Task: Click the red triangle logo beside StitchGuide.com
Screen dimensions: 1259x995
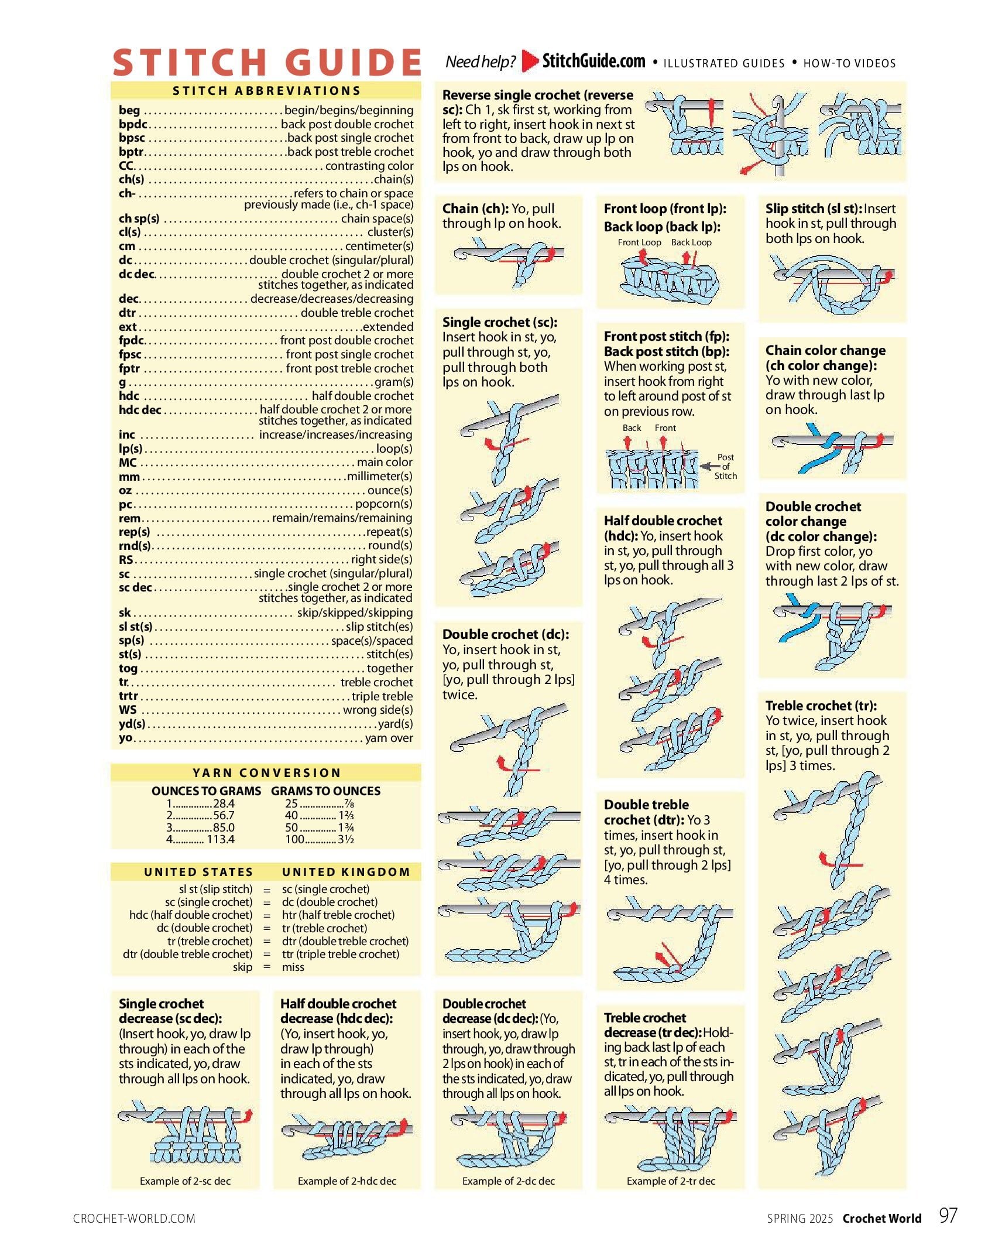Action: click(529, 61)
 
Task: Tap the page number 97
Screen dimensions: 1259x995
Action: click(948, 1216)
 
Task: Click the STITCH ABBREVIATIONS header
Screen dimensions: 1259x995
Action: click(266, 91)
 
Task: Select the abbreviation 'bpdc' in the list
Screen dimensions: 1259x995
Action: click(133, 124)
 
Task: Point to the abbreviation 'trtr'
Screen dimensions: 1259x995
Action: click(129, 696)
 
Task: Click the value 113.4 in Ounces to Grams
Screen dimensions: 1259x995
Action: click(220, 839)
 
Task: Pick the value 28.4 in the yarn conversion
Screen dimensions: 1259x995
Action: click(224, 803)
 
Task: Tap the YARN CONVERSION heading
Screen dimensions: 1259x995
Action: click(266, 772)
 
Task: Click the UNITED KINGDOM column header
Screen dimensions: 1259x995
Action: click(346, 872)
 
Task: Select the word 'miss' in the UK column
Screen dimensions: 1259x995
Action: click(293, 967)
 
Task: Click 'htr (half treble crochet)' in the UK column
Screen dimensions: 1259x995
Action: click(338, 915)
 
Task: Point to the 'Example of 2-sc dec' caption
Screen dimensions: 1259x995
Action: click(185, 1181)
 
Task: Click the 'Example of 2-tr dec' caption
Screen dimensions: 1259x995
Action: click(671, 1181)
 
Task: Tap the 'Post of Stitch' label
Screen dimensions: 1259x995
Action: click(725, 467)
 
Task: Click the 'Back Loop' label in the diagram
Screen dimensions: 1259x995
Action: click(691, 242)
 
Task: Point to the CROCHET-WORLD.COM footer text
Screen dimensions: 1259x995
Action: click(134, 1219)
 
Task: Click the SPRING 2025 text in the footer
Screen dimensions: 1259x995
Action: click(800, 1219)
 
